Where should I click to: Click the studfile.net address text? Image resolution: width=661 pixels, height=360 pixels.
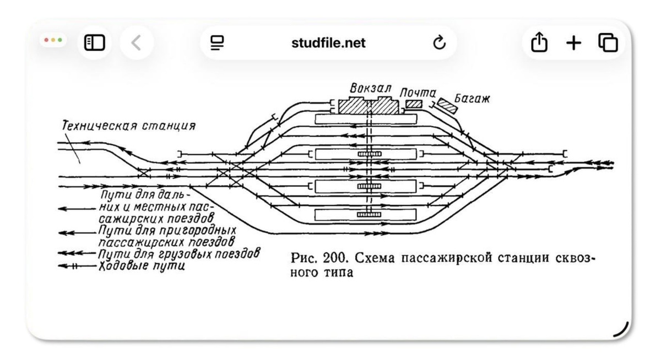pyautogui.click(x=328, y=43)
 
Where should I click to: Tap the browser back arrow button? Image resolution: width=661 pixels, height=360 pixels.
pyautogui.click(x=137, y=42)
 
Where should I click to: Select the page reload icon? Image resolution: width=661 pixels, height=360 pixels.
pyautogui.click(x=439, y=43)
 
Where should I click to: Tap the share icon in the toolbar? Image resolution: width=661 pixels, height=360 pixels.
pyautogui.click(x=539, y=42)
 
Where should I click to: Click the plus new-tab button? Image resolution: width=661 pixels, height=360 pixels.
pyautogui.click(x=574, y=42)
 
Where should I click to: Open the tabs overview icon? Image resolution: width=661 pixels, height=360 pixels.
pyautogui.click(x=608, y=42)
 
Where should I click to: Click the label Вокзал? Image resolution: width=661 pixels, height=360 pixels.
pyautogui.click(x=370, y=88)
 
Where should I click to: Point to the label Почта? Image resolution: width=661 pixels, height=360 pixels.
pyautogui.click(x=418, y=92)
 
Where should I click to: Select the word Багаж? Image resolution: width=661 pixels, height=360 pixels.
pyautogui.click(x=472, y=99)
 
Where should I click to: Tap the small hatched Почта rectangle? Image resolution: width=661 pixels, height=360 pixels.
pyautogui.click(x=414, y=103)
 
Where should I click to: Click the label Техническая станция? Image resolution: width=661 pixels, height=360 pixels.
pyautogui.click(x=128, y=126)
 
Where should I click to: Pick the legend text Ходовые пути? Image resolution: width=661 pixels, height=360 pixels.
pyautogui.click(x=142, y=266)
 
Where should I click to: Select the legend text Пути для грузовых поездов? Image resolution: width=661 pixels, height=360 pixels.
pyautogui.click(x=178, y=254)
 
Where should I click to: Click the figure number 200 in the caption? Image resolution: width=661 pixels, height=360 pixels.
pyautogui.click(x=329, y=259)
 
